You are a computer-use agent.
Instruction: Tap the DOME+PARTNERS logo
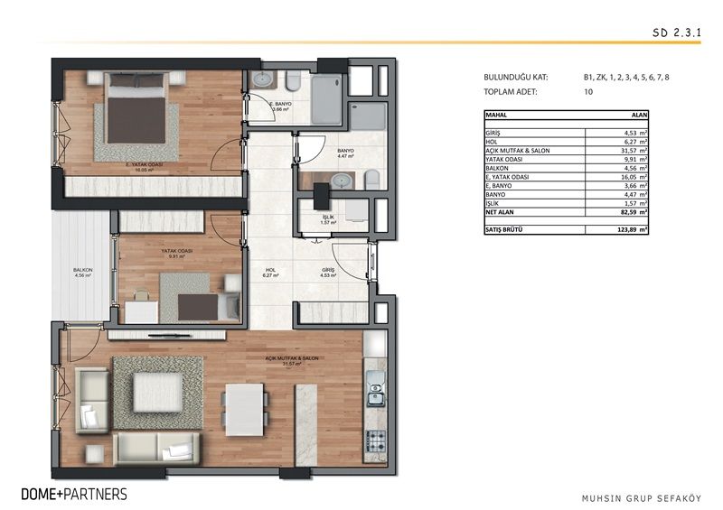(x=74, y=494)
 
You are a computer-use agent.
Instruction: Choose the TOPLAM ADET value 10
(x=588, y=92)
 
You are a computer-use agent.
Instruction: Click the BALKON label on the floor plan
(x=84, y=270)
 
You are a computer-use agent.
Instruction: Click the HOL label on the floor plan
(x=270, y=269)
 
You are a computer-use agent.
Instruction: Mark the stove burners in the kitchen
(x=375, y=441)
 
